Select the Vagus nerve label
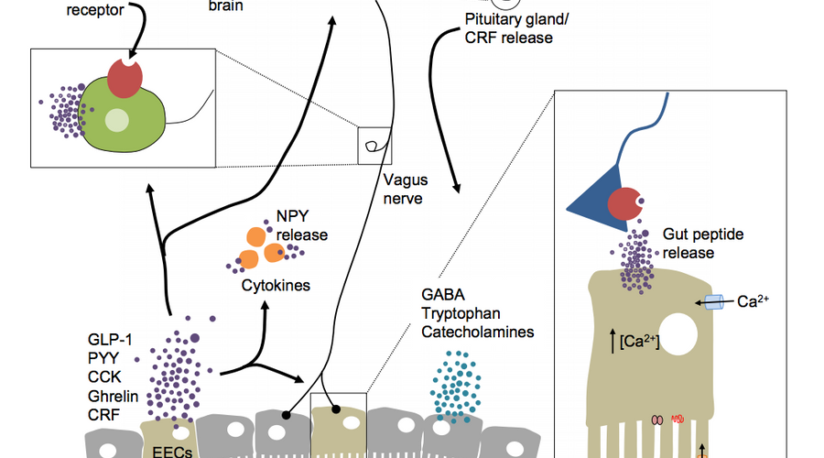[x=403, y=190]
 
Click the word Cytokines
[x=276, y=286]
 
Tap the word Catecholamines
[x=477, y=332]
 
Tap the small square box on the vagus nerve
[x=373, y=144]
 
